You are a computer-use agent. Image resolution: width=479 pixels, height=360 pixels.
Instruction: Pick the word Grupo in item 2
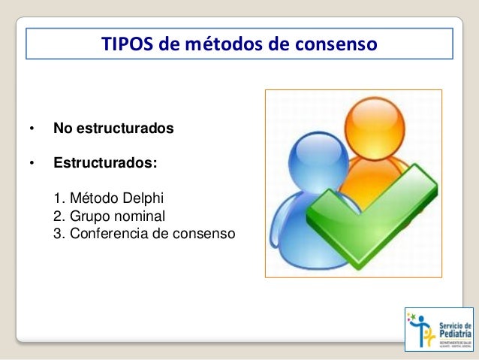coord(90,216)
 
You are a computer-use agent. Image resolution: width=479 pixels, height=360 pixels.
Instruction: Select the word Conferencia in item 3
coord(107,234)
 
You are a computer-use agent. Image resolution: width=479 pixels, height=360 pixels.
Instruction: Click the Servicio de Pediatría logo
coord(438,328)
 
